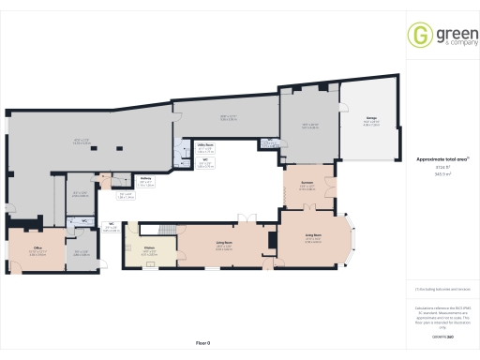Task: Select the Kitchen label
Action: click(148, 249)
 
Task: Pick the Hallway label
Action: click(146, 181)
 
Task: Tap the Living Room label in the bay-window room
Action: click(313, 236)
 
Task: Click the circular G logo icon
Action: click(418, 36)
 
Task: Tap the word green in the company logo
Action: click(447, 33)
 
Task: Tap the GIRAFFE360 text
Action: click(442, 336)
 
